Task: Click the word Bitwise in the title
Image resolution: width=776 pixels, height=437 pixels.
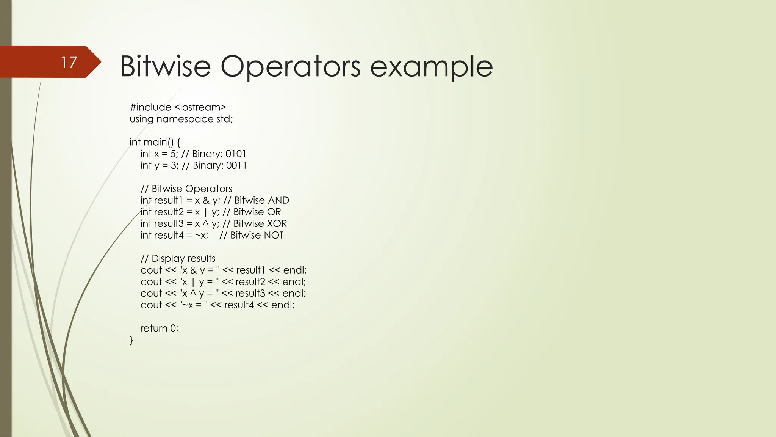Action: tap(165, 66)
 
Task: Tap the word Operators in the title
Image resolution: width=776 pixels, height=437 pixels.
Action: tap(290, 66)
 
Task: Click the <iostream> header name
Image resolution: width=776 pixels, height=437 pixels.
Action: tap(200, 107)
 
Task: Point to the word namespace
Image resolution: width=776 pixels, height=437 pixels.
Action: tap(185, 119)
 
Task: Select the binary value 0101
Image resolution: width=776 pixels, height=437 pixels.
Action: tap(236, 154)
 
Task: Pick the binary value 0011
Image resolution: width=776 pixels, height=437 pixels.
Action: tap(236, 166)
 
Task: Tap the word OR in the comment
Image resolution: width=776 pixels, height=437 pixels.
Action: tap(274, 212)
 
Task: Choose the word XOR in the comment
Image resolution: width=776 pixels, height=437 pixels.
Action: tap(277, 224)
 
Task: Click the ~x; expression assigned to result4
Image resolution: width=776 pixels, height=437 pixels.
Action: tap(202, 236)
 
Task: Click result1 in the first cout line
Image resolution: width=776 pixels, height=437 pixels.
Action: tap(251, 270)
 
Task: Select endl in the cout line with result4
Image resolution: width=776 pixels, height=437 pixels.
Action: tap(282, 305)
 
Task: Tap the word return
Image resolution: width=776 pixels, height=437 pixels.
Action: tap(153, 328)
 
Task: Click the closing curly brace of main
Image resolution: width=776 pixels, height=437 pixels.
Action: tap(131, 340)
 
